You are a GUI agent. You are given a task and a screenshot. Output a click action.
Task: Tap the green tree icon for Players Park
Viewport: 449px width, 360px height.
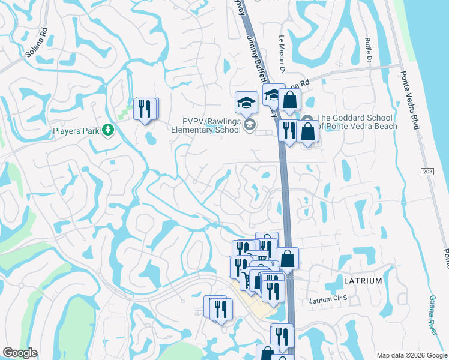(108, 130)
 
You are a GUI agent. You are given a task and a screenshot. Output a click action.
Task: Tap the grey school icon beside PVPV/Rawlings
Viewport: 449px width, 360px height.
(250, 125)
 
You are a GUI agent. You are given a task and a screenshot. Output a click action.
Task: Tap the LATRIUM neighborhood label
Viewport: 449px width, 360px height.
(363, 281)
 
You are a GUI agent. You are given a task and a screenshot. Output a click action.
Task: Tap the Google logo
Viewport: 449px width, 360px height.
(20, 353)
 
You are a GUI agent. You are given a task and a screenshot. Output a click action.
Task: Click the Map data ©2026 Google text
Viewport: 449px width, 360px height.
(411, 355)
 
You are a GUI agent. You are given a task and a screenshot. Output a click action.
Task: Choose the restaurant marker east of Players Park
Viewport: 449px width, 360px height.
(145, 109)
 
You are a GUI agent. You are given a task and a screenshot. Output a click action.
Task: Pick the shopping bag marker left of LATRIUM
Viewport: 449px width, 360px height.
(288, 258)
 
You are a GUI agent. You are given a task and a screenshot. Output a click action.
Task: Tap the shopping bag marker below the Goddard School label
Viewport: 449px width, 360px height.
(307, 131)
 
